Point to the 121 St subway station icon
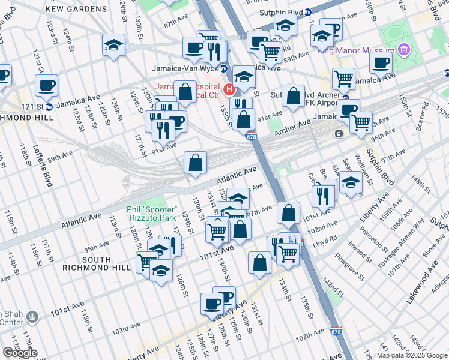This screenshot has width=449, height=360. tap(49, 107)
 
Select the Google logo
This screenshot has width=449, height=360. tap(20, 352)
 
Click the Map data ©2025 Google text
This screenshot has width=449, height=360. tap(412, 355)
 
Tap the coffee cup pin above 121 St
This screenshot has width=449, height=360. tap(46, 86)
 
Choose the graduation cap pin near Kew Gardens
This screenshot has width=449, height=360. tap(113, 46)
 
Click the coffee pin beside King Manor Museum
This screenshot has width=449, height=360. tap(381, 62)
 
